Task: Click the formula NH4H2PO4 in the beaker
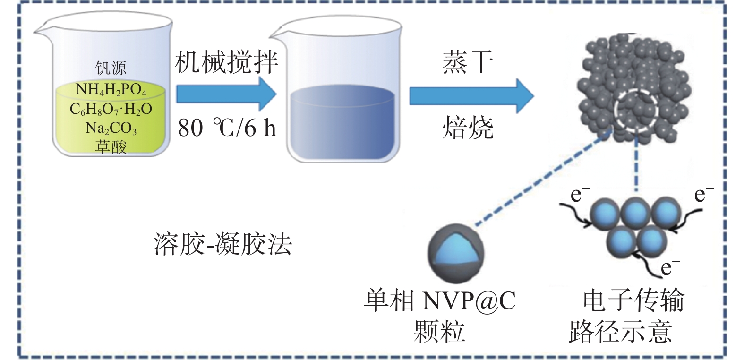111,90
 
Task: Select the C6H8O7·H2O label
111,110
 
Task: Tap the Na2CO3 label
111,128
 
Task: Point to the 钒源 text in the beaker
111,68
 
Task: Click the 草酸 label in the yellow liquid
111,146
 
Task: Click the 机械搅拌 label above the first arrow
226,62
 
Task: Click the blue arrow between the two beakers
226,94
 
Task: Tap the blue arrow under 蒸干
470,96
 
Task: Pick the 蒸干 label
468,62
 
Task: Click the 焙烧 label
468,128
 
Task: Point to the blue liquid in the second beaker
342,123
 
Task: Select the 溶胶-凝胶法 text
222,245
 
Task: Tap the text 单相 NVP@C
439,300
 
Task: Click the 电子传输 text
633,300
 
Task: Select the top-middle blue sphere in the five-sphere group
636,213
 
